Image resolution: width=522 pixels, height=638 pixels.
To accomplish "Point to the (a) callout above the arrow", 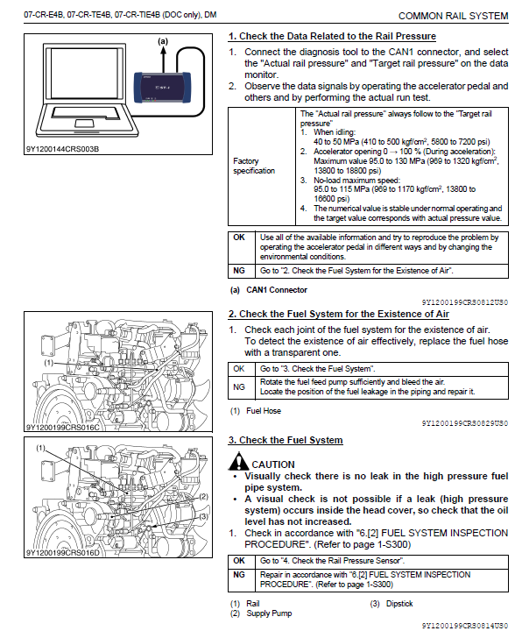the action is click(163, 41).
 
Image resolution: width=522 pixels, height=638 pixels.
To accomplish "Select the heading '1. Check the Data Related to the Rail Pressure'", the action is click(332, 36).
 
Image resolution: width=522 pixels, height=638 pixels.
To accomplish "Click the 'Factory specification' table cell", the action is click(261, 166).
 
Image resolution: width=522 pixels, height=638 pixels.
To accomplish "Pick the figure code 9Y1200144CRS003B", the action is click(62, 149).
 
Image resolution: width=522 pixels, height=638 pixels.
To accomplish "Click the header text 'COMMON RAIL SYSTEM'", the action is click(454, 16).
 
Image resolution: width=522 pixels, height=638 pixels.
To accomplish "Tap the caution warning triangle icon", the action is click(238, 461).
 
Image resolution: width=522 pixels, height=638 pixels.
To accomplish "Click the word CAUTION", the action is click(273, 464).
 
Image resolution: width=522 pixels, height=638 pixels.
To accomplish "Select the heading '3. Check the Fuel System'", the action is click(286, 440).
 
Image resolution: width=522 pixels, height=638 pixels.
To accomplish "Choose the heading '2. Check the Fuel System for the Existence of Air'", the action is click(339, 314).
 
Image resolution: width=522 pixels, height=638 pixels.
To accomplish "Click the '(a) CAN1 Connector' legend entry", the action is click(269, 290).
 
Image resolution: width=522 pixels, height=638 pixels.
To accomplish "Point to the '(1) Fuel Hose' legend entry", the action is click(256, 411).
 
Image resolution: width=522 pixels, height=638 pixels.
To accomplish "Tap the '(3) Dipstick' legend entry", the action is click(391, 604).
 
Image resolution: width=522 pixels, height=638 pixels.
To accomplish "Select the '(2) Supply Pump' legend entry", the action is click(261, 613).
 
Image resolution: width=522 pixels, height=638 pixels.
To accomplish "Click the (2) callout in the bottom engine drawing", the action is click(203, 496).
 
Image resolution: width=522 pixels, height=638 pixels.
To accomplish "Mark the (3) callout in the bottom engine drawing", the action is click(203, 516).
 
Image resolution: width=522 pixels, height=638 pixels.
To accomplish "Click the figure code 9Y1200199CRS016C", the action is click(63, 428).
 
